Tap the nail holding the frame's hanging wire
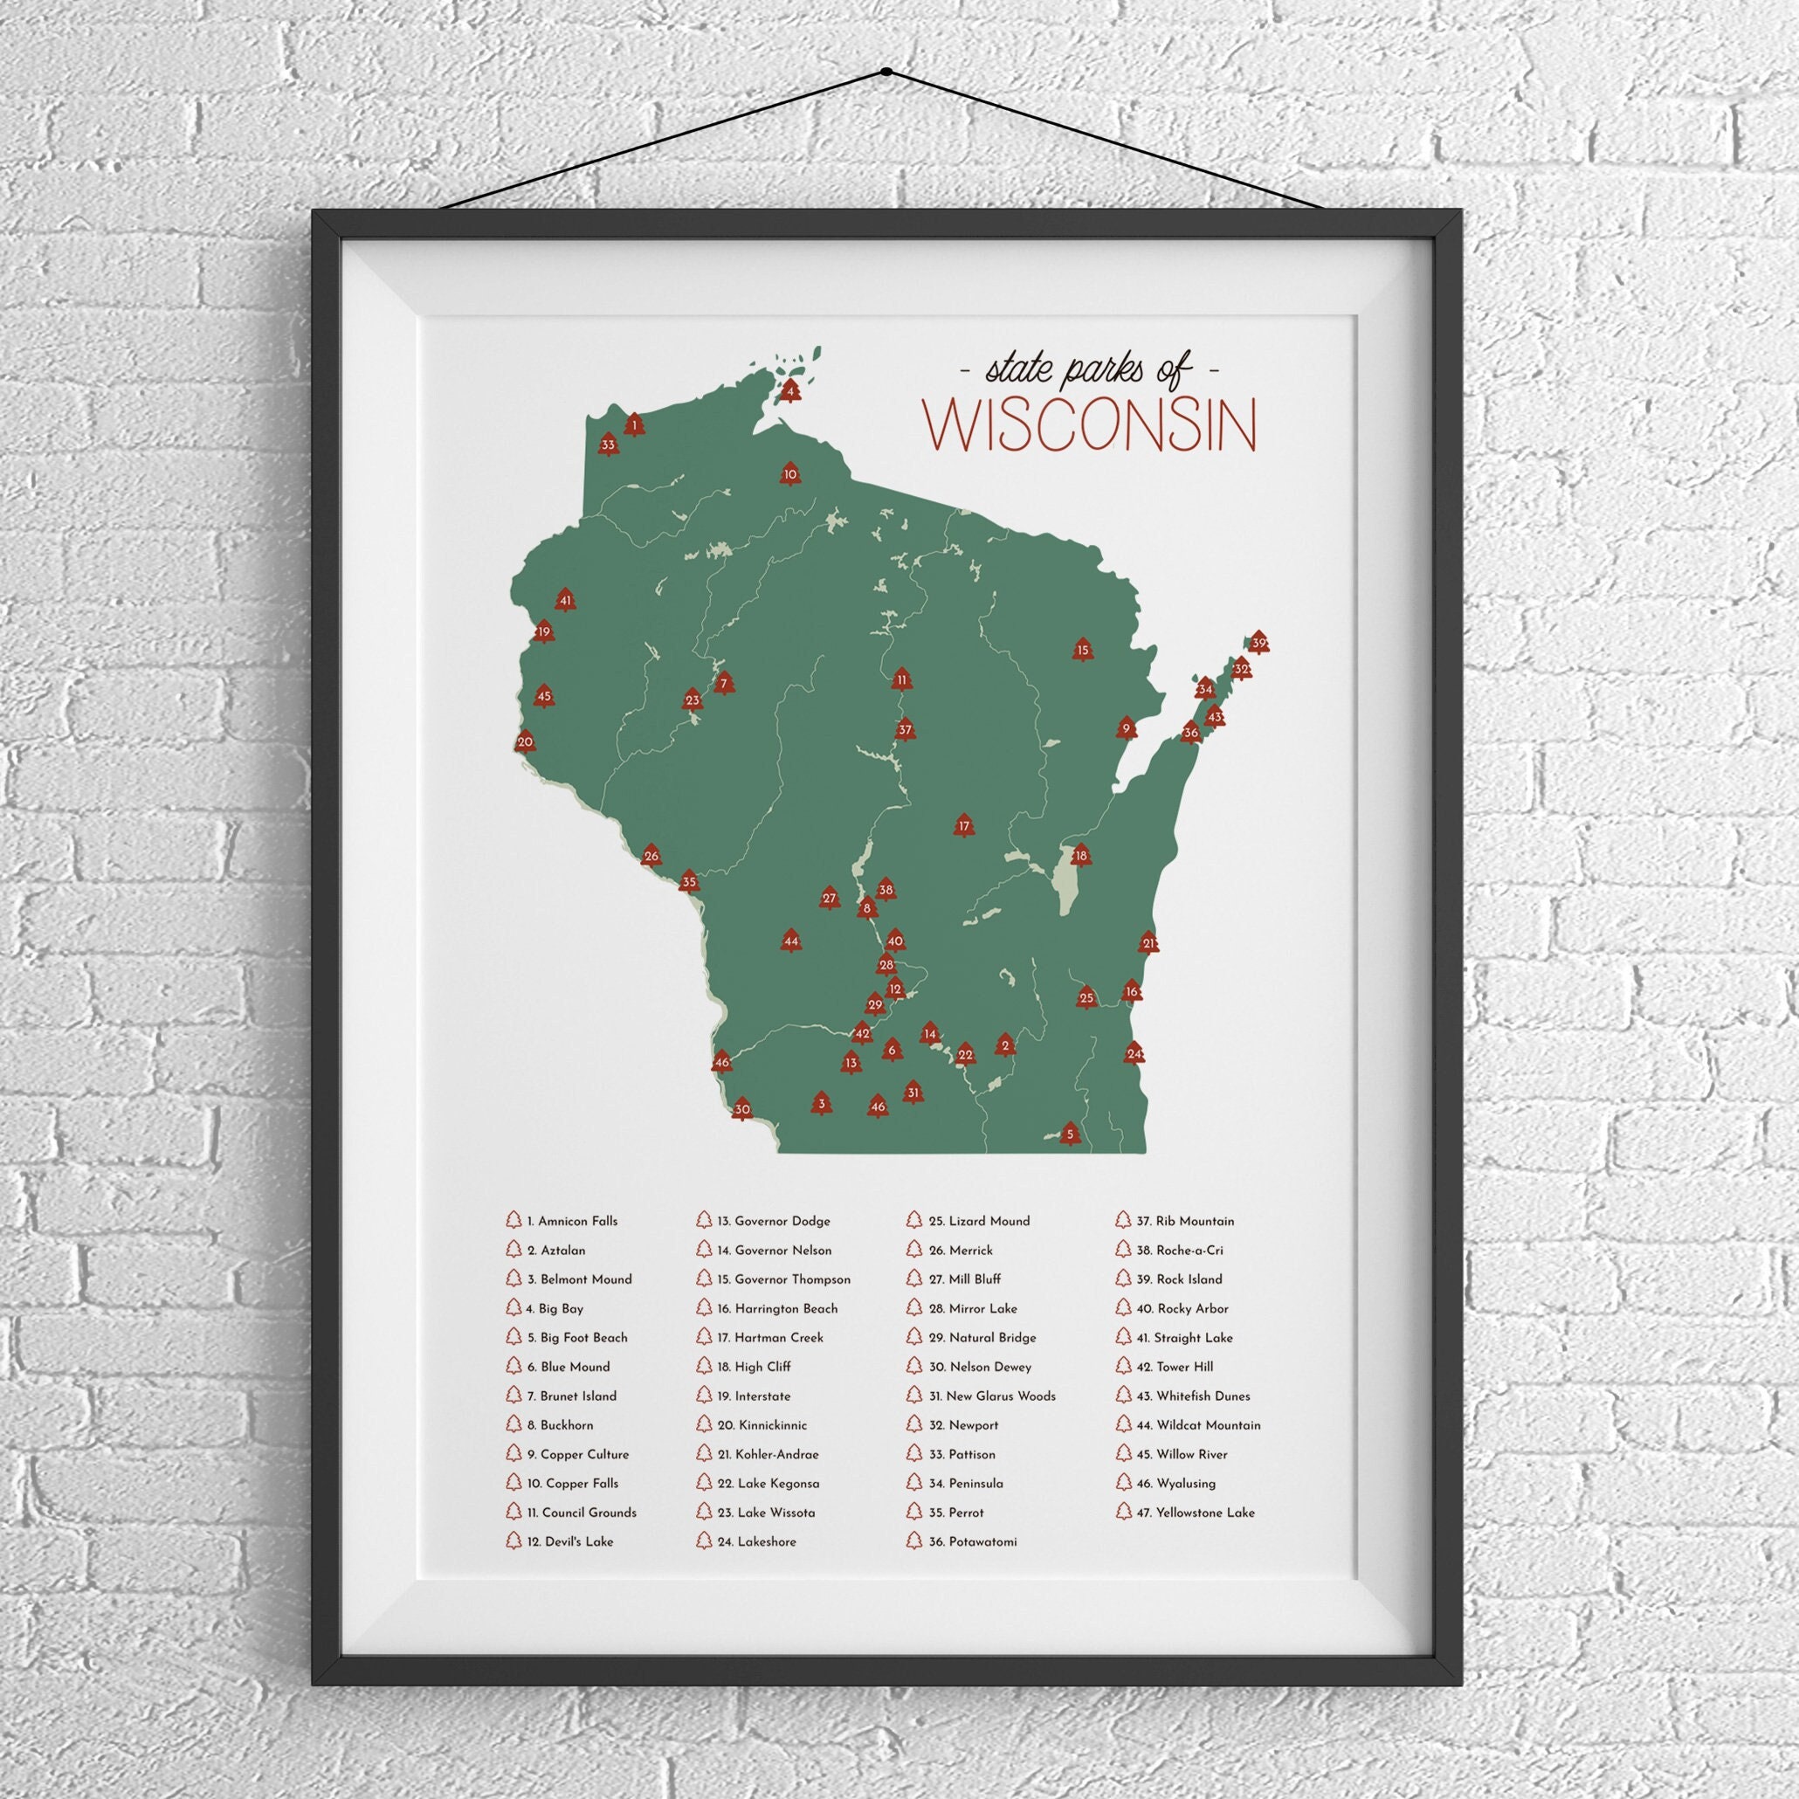click(886, 72)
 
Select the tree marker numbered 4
click(790, 391)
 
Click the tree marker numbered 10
click(790, 474)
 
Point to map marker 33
click(608, 445)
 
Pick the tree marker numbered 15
click(1082, 649)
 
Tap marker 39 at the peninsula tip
click(1259, 643)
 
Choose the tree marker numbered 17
click(964, 825)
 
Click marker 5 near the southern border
click(1070, 1134)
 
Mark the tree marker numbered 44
click(790, 941)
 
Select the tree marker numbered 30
click(741, 1109)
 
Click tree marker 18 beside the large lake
click(1080, 855)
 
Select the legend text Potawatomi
click(982, 1542)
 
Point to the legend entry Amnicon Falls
click(576, 1221)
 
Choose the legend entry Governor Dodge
click(782, 1221)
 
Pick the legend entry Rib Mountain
click(1194, 1221)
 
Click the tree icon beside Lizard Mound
click(913, 1220)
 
